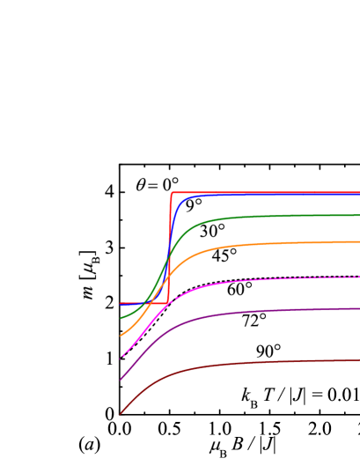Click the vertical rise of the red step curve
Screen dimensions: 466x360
point(169,247)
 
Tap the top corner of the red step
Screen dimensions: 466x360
point(172,192)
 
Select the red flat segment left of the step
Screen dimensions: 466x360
point(141,304)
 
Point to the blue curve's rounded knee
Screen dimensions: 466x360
point(183,203)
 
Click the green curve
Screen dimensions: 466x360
point(264,216)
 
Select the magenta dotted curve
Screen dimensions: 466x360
point(264,278)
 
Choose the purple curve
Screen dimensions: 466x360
point(264,311)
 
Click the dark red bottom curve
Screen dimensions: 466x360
point(264,362)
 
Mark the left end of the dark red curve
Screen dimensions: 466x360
point(121,413)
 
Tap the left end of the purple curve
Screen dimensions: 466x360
point(121,380)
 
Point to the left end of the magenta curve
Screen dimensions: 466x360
point(121,358)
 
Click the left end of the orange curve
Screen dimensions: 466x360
point(121,336)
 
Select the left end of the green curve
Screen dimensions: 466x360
point(121,317)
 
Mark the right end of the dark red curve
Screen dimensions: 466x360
point(358,359)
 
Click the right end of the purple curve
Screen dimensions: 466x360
point(358,309)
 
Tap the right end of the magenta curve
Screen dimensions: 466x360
point(358,277)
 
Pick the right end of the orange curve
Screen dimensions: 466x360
point(358,241)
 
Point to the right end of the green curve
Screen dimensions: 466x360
point(358,215)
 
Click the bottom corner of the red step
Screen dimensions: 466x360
point(168,304)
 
